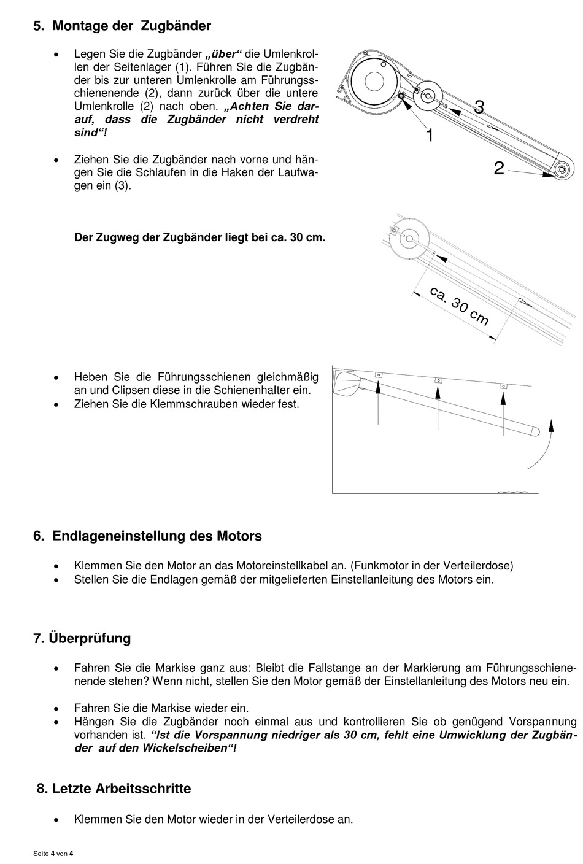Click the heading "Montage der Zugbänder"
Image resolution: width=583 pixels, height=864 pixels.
tap(131, 26)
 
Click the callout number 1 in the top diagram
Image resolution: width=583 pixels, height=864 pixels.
tap(430, 136)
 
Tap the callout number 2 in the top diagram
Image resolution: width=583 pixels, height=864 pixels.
tap(499, 168)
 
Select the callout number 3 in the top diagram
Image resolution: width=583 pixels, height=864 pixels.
tap(479, 107)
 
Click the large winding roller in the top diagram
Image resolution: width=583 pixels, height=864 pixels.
tap(374, 82)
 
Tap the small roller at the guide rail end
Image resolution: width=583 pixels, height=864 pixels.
tap(562, 169)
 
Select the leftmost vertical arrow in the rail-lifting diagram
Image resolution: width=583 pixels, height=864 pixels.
tap(378, 403)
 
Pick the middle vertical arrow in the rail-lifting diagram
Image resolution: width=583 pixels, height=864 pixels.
tap(438, 407)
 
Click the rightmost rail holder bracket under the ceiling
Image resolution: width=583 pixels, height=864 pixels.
tap(503, 386)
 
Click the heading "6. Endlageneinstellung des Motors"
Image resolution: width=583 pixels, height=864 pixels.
tap(147, 536)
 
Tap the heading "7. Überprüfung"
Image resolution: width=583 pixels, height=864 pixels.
tap(82, 638)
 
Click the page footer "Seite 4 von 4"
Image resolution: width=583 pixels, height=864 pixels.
tap(53, 854)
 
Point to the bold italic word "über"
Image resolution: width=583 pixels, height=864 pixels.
tap(224, 54)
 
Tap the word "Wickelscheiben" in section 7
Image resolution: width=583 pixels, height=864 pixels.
tap(185, 748)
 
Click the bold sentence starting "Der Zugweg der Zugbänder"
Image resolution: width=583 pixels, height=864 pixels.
tap(200, 237)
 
